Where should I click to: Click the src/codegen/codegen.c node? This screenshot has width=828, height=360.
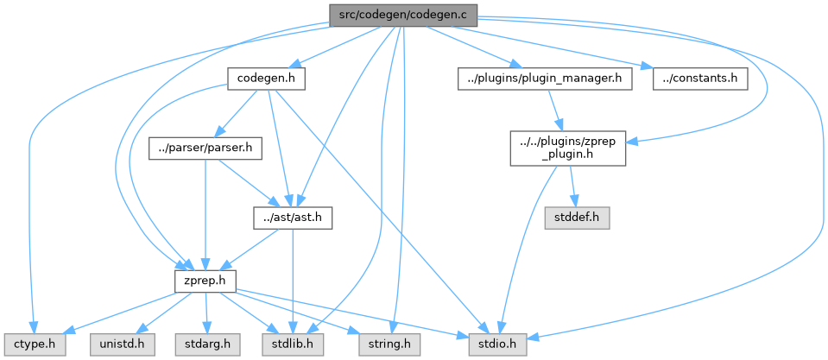coord(401,15)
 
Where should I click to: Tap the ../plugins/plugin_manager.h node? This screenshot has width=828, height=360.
coord(544,79)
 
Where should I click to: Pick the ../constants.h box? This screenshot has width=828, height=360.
coord(699,79)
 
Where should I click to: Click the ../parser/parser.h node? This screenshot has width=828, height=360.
coord(205,148)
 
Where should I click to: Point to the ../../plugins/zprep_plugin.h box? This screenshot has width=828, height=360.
coord(566,148)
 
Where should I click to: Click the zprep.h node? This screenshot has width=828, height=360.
coord(205,281)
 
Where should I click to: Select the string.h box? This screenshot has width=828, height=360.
coord(385,344)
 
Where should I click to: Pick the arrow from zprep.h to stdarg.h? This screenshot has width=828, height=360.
coord(206,312)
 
